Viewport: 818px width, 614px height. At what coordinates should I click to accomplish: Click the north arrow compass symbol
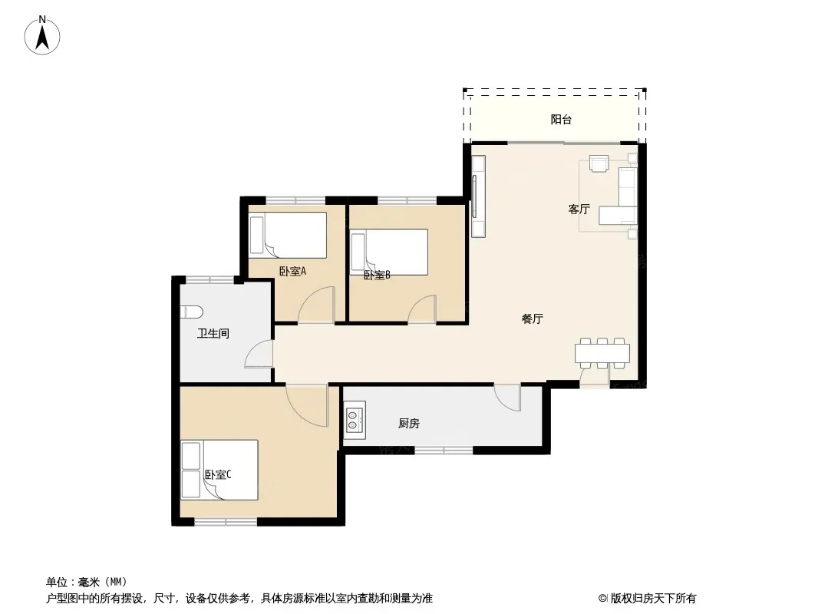point(42,35)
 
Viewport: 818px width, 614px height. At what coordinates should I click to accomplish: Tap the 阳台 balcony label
point(562,120)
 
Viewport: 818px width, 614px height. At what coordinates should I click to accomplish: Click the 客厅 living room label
point(579,210)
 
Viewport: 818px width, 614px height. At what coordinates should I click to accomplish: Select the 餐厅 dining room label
point(533,319)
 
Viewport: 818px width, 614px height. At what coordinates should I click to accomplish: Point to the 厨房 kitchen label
point(409,424)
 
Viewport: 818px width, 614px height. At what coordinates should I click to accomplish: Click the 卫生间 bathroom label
point(213,333)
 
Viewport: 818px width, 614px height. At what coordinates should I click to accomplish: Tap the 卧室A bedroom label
point(292,271)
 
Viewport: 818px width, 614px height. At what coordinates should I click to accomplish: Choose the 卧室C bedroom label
point(217,475)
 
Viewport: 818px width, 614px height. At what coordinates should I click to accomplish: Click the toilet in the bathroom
point(192,312)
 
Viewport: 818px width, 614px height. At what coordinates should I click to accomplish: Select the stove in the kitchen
point(355,421)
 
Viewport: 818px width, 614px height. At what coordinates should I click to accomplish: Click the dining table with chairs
point(602,353)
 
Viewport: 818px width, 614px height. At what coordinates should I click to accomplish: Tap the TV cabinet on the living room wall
point(478,196)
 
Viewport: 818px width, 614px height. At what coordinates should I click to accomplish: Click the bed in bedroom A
point(288,236)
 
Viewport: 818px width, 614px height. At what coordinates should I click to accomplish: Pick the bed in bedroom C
point(219,470)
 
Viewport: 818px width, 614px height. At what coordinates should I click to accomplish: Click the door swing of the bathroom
point(259,355)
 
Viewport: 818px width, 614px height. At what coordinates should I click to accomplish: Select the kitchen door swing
point(507,398)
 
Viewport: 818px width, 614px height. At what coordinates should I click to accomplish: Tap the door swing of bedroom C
point(307,405)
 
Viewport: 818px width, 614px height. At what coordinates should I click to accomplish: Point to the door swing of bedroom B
point(422,309)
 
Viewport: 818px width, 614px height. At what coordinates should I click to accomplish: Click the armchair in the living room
point(599,163)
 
